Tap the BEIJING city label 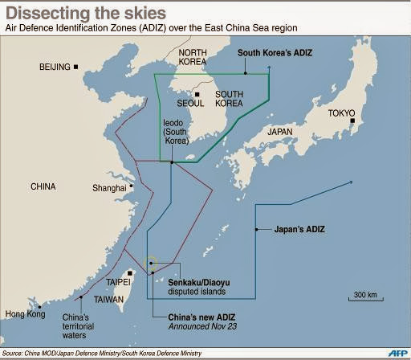(x=55, y=67)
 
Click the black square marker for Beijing (x=76, y=67)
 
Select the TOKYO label (x=341, y=113)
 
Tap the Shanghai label (x=109, y=188)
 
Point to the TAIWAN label (x=109, y=299)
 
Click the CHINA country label (x=43, y=186)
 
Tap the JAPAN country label (x=279, y=132)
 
